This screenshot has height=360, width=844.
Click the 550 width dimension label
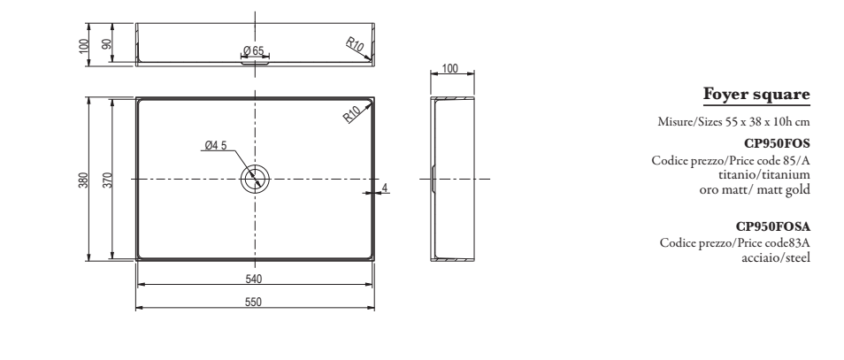click(255, 302)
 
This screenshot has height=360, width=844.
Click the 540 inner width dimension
click(255, 279)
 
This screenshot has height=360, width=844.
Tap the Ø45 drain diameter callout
click(217, 145)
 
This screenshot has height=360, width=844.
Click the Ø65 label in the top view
click(254, 51)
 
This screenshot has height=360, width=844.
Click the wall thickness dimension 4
click(386, 186)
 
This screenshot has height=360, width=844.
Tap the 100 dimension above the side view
click(451, 68)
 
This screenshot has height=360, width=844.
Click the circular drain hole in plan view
click(255, 178)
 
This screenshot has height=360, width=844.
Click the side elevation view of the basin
click(452, 179)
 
